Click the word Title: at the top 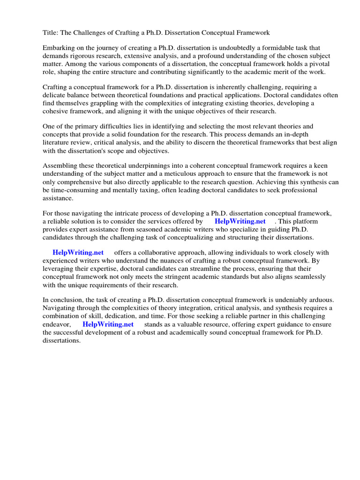pos(51,32)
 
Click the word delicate pos(55,95)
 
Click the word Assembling pos(60,166)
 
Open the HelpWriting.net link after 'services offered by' pos(240,222)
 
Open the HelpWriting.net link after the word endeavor pos(108,324)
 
